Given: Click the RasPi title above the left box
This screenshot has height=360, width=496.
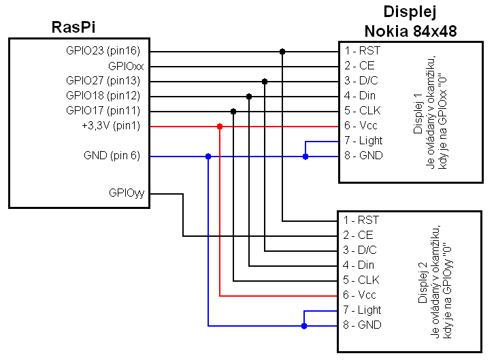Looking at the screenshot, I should point(73,27).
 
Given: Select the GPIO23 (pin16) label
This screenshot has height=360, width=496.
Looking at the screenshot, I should point(103,51).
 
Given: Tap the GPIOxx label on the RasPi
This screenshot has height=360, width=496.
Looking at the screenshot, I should point(126,66).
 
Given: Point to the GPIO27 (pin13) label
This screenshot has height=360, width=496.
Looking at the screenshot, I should point(103,81).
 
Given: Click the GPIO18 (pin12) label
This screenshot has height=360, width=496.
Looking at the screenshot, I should point(103,96).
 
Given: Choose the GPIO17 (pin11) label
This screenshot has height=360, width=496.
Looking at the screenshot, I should point(103,111).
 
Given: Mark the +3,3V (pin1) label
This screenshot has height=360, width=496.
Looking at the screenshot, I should point(110,126).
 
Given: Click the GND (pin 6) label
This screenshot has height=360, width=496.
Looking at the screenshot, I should point(112,156).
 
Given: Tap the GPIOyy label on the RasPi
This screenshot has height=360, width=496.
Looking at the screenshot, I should point(126,193).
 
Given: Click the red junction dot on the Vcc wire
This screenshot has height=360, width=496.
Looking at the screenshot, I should point(219,127).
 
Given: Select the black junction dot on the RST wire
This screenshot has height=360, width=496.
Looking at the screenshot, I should point(282,52).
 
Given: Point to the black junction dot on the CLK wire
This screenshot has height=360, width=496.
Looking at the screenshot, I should point(233,112).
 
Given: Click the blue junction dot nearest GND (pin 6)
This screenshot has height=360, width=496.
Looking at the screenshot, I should point(208,157).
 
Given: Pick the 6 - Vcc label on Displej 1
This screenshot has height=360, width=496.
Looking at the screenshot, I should point(361,126).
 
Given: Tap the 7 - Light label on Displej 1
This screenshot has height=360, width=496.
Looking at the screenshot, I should point(363,141).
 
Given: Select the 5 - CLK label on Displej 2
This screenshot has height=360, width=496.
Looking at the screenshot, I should point(361,280).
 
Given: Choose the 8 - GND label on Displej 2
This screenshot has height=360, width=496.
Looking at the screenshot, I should point(363,325).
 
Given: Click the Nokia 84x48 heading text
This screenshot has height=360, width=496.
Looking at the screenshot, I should point(410,31).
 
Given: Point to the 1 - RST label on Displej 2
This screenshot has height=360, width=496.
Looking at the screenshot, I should point(361,220).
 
